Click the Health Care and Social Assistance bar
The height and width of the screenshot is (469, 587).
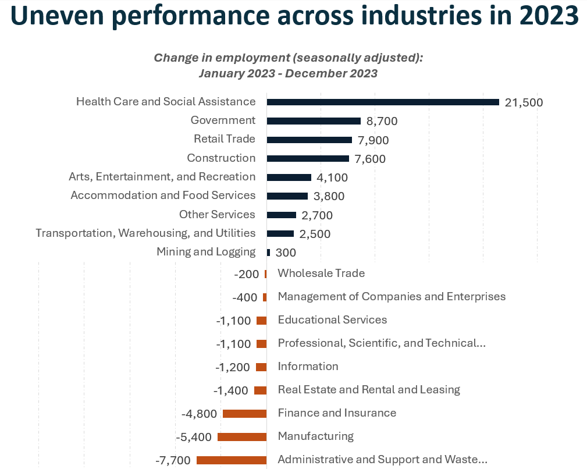[383, 102]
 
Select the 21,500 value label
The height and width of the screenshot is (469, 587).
[524, 102]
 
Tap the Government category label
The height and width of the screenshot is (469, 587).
[223, 120]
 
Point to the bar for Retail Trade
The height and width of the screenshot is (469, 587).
[309, 140]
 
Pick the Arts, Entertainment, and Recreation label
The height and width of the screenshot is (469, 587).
[162, 176]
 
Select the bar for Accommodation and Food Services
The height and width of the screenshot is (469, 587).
[287, 196]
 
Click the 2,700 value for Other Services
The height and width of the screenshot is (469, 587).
[317, 215]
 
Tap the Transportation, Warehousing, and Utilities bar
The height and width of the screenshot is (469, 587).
[280, 234]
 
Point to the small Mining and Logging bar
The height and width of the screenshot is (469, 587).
[268, 253]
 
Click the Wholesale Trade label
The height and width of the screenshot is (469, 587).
[321, 273]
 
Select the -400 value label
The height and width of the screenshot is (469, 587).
[244, 297]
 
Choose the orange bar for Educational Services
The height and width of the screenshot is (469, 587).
[261, 320]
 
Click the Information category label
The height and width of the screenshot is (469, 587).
[308, 366]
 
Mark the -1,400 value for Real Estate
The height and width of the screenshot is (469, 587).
[231, 390]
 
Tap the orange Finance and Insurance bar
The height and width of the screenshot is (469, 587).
[244, 413]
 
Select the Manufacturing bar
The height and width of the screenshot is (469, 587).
[242, 436]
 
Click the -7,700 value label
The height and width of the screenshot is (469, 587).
[173, 460]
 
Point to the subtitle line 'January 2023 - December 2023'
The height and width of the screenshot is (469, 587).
[288, 73]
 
